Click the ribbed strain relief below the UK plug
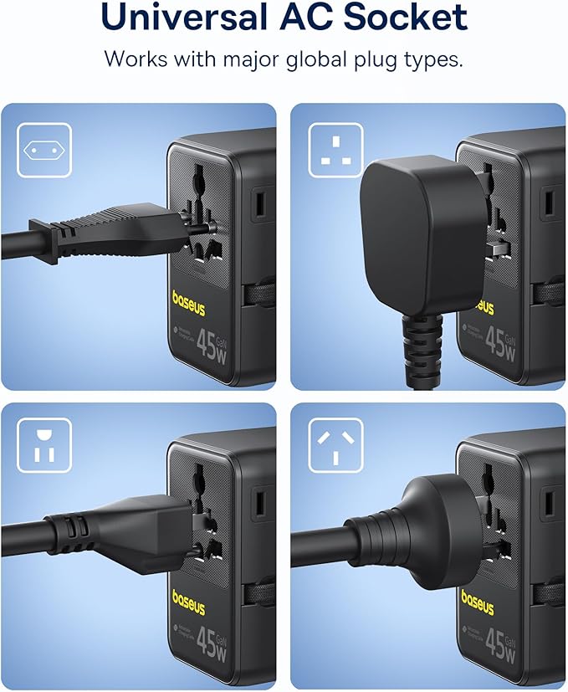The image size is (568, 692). [418, 343]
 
